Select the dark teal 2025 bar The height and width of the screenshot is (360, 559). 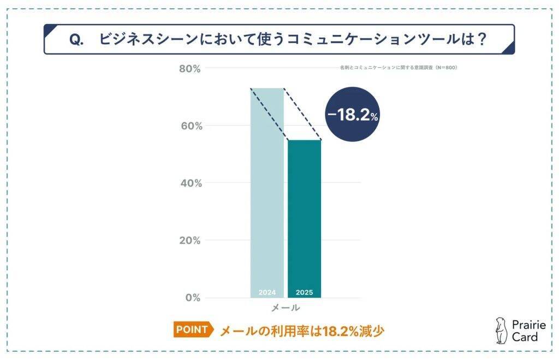(305, 219)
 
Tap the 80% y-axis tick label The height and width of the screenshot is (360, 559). (191, 69)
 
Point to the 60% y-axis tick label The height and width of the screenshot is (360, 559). (191, 126)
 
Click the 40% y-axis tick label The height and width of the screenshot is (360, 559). (191, 183)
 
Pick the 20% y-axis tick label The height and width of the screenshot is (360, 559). (191, 240)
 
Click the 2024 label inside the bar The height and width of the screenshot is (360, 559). (267, 292)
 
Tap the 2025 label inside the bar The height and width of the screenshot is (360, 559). (305, 292)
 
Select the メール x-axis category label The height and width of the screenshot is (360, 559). (286, 308)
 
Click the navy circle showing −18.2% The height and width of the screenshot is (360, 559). (352, 115)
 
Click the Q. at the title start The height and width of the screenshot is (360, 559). (77, 40)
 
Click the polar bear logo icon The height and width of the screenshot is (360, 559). (500, 331)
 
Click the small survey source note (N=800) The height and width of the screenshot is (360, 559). (397, 68)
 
